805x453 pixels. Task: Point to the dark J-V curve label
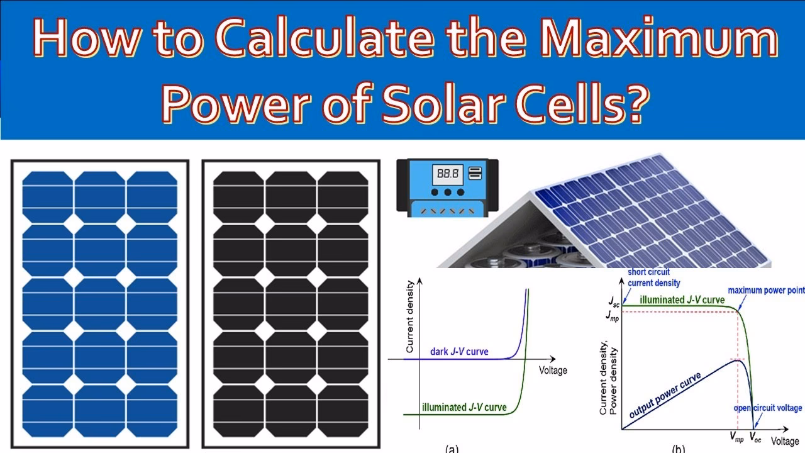click(x=458, y=352)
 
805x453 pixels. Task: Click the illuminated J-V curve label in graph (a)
click(x=464, y=407)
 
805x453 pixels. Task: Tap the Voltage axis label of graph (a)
click(x=553, y=370)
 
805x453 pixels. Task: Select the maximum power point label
click(x=765, y=291)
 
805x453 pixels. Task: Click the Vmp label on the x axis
click(x=736, y=435)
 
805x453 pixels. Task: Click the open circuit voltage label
click(x=768, y=408)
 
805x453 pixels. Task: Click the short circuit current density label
click(x=654, y=277)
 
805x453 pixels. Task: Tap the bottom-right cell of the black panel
click(x=343, y=410)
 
